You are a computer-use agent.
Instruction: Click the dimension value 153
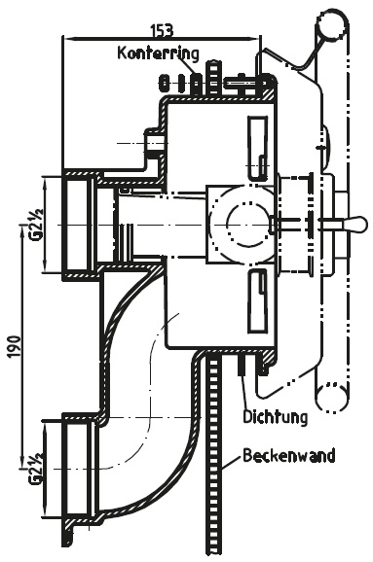pyautogui.click(x=162, y=30)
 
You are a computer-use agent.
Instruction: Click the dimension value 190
pyautogui.click(x=15, y=346)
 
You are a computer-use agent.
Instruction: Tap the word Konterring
pyautogui.click(x=158, y=53)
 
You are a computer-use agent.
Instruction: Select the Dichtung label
pyautogui.click(x=276, y=417)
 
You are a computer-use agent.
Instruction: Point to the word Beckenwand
pyautogui.click(x=289, y=456)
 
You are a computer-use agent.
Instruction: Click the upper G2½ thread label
pyautogui.click(x=36, y=225)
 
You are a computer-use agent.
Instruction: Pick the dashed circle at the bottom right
pyautogui.click(x=331, y=397)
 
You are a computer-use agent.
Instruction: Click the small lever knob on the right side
pyautogui.click(x=355, y=224)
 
